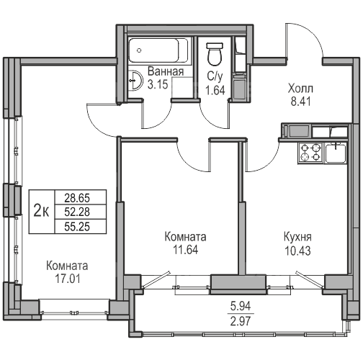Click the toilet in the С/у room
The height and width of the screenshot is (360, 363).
tap(215, 54)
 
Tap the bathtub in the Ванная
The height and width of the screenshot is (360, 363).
tap(158, 50)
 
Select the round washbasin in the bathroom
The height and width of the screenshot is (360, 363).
tap(135, 81)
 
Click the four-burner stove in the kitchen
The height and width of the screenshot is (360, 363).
tap(311, 153)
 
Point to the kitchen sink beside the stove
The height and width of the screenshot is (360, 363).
tap(336, 153)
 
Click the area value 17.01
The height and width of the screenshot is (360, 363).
tap(68, 279)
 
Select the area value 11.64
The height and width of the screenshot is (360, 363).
tap(186, 250)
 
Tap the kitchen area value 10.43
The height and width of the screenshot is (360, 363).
tap(297, 251)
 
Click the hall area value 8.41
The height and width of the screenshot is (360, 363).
tap(301, 102)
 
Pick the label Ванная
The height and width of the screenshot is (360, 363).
tap(166, 71)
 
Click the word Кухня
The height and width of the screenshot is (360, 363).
tap(297, 237)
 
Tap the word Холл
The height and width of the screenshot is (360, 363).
tap(300, 89)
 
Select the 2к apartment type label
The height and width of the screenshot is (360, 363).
tap(41, 212)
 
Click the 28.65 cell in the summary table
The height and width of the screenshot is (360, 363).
tap(77, 198)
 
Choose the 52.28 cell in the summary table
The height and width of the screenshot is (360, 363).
tap(77, 212)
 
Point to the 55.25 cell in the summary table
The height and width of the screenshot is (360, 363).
tap(77, 226)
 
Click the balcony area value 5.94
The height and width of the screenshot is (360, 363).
tap(241, 306)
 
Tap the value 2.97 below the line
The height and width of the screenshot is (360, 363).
tap(241, 321)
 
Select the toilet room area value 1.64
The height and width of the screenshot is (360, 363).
tap(215, 91)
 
